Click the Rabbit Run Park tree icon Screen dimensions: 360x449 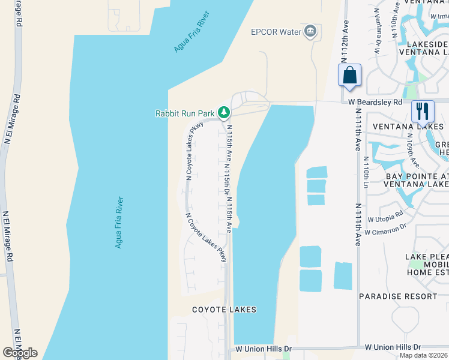tap(223, 112)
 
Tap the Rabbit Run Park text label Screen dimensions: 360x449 tap(185, 113)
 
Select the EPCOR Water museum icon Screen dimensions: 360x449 tap(310, 31)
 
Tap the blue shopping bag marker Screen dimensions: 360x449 tap(349, 76)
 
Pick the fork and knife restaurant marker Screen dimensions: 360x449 tap(423, 111)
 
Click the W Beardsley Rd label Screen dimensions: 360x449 tap(375, 102)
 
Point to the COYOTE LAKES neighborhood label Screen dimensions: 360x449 tap(224, 310)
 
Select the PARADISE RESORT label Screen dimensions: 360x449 tap(398, 296)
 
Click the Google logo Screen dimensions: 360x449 tap(20, 353)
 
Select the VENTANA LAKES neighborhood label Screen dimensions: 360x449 tap(408, 127)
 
